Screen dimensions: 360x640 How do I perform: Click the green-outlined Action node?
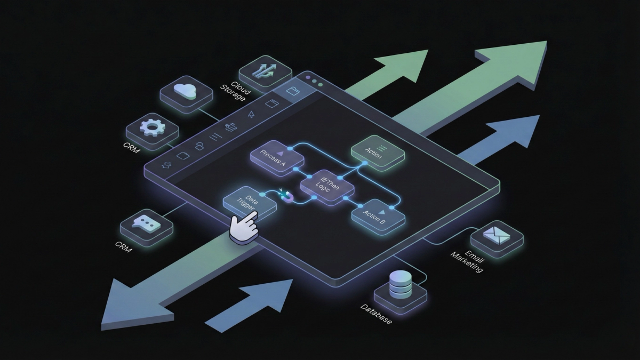tap(377, 153)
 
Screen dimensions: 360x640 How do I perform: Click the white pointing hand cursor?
tap(243, 227)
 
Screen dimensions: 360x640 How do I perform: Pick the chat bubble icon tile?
tap(146, 226)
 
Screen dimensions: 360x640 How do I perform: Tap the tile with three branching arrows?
tap(265, 72)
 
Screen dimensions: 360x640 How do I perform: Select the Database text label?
tap(377, 315)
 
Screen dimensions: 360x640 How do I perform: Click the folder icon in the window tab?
tap(292, 91)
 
